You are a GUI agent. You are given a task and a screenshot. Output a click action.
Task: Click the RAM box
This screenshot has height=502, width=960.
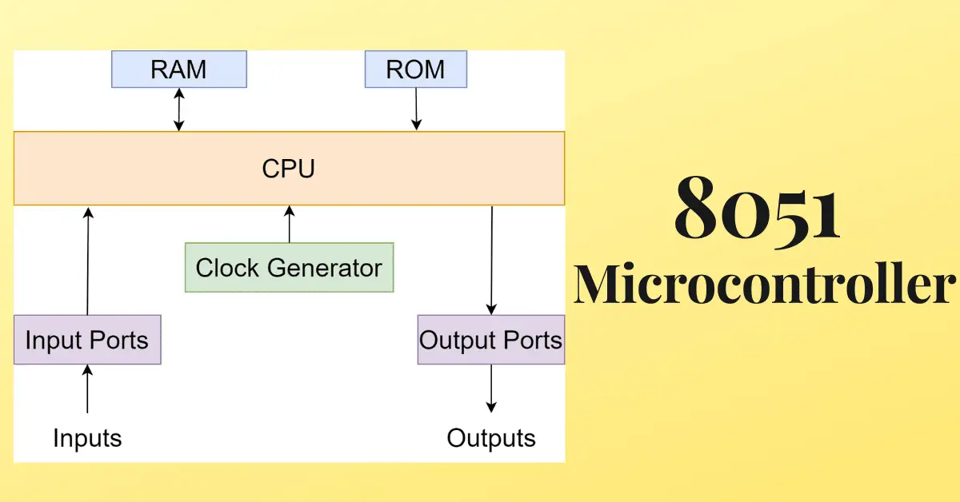179,70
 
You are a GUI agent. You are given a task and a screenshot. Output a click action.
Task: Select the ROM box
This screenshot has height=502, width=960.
415,70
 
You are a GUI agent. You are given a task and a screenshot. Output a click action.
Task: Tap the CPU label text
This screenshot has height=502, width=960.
289,169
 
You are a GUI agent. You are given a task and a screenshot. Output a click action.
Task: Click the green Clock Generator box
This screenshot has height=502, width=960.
289,267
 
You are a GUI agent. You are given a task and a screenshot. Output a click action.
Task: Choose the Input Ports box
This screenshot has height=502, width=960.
86,340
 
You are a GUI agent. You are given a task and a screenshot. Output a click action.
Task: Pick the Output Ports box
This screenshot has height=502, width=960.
490,340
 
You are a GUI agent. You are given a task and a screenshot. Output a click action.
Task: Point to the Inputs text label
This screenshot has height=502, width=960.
87,438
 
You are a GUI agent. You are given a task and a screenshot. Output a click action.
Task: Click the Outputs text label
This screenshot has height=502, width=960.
491,438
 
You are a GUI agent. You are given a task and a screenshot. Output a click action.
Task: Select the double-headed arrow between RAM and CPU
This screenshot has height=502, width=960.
179,110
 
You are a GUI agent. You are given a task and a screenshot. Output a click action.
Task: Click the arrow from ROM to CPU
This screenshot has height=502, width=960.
416,110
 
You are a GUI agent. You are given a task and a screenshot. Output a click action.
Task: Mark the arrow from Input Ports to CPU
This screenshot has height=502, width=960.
88,260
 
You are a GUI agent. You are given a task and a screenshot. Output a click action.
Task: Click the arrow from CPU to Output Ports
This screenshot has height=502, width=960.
491,260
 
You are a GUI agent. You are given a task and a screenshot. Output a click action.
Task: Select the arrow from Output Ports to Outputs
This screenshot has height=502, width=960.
491,388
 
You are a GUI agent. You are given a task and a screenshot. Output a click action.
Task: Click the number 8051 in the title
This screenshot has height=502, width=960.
757,210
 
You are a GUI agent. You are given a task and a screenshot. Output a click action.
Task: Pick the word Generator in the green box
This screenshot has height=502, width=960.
324,268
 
